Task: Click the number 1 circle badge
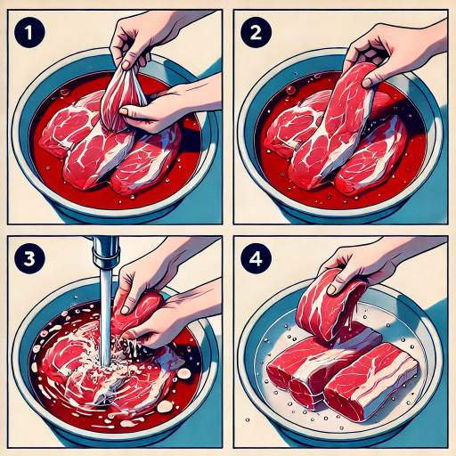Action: pos(29,32)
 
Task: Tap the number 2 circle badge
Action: pos(256,32)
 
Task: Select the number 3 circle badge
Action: pos(29,258)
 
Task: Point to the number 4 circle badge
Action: pos(256,258)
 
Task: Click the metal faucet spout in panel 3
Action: pos(104,252)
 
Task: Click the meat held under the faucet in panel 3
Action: pos(138,310)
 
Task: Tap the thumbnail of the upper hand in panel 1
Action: pos(127,64)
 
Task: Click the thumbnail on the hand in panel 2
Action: pos(368,83)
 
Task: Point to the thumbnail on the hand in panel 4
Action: pos(332,289)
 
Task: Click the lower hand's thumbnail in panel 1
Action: pos(125,111)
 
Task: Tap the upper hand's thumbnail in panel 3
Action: pos(126,310)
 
